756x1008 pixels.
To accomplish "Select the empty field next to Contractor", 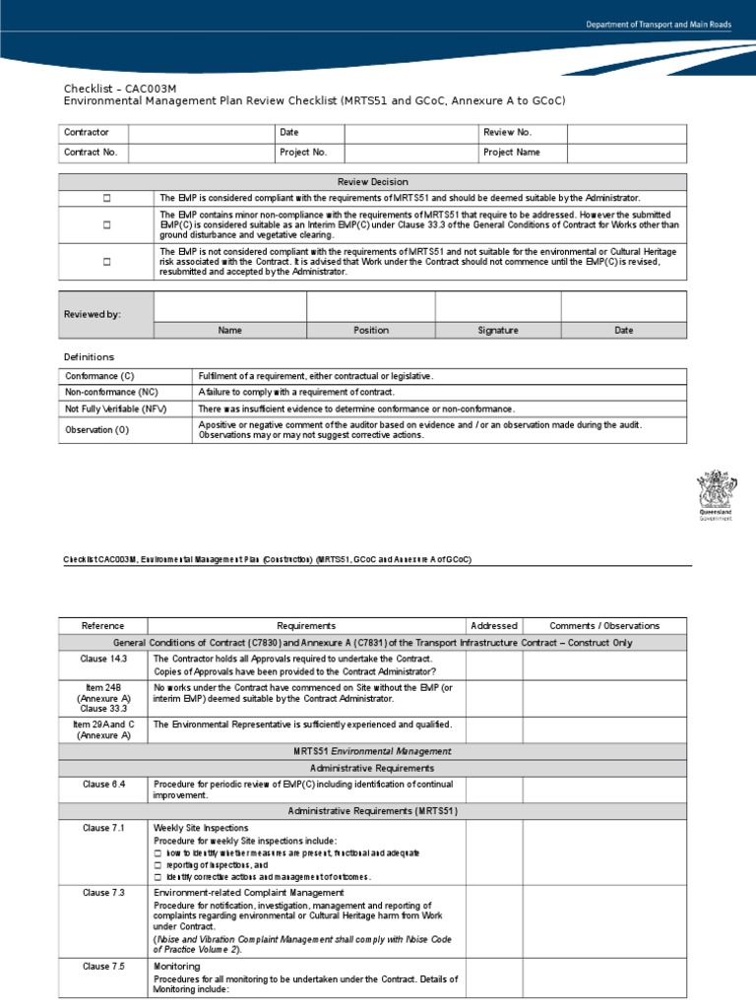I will (201, 132).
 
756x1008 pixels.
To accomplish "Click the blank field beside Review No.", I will (627, 132).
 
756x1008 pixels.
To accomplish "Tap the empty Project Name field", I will (627, 153).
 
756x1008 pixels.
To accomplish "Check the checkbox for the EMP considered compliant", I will (106, 198).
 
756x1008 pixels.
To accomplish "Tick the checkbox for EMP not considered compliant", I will (106, 262).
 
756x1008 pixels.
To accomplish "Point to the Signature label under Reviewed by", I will (498, 331).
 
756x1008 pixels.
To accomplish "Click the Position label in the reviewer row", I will (371, 331).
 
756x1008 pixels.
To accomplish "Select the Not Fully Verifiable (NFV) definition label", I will (109, 409).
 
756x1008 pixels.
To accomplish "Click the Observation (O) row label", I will (97, 430).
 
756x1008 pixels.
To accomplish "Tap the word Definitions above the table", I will (90, 356).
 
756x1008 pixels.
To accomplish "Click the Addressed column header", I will (494, 626).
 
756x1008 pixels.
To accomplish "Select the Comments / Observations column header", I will (604, 626).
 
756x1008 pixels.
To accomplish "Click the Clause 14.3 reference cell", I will (103, 658).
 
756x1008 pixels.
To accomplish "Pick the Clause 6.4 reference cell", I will (103, 785).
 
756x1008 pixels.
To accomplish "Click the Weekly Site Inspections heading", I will (201, 828).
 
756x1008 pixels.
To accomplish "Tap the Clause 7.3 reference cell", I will (103, 893).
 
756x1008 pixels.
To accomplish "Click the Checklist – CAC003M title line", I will (120, 88).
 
